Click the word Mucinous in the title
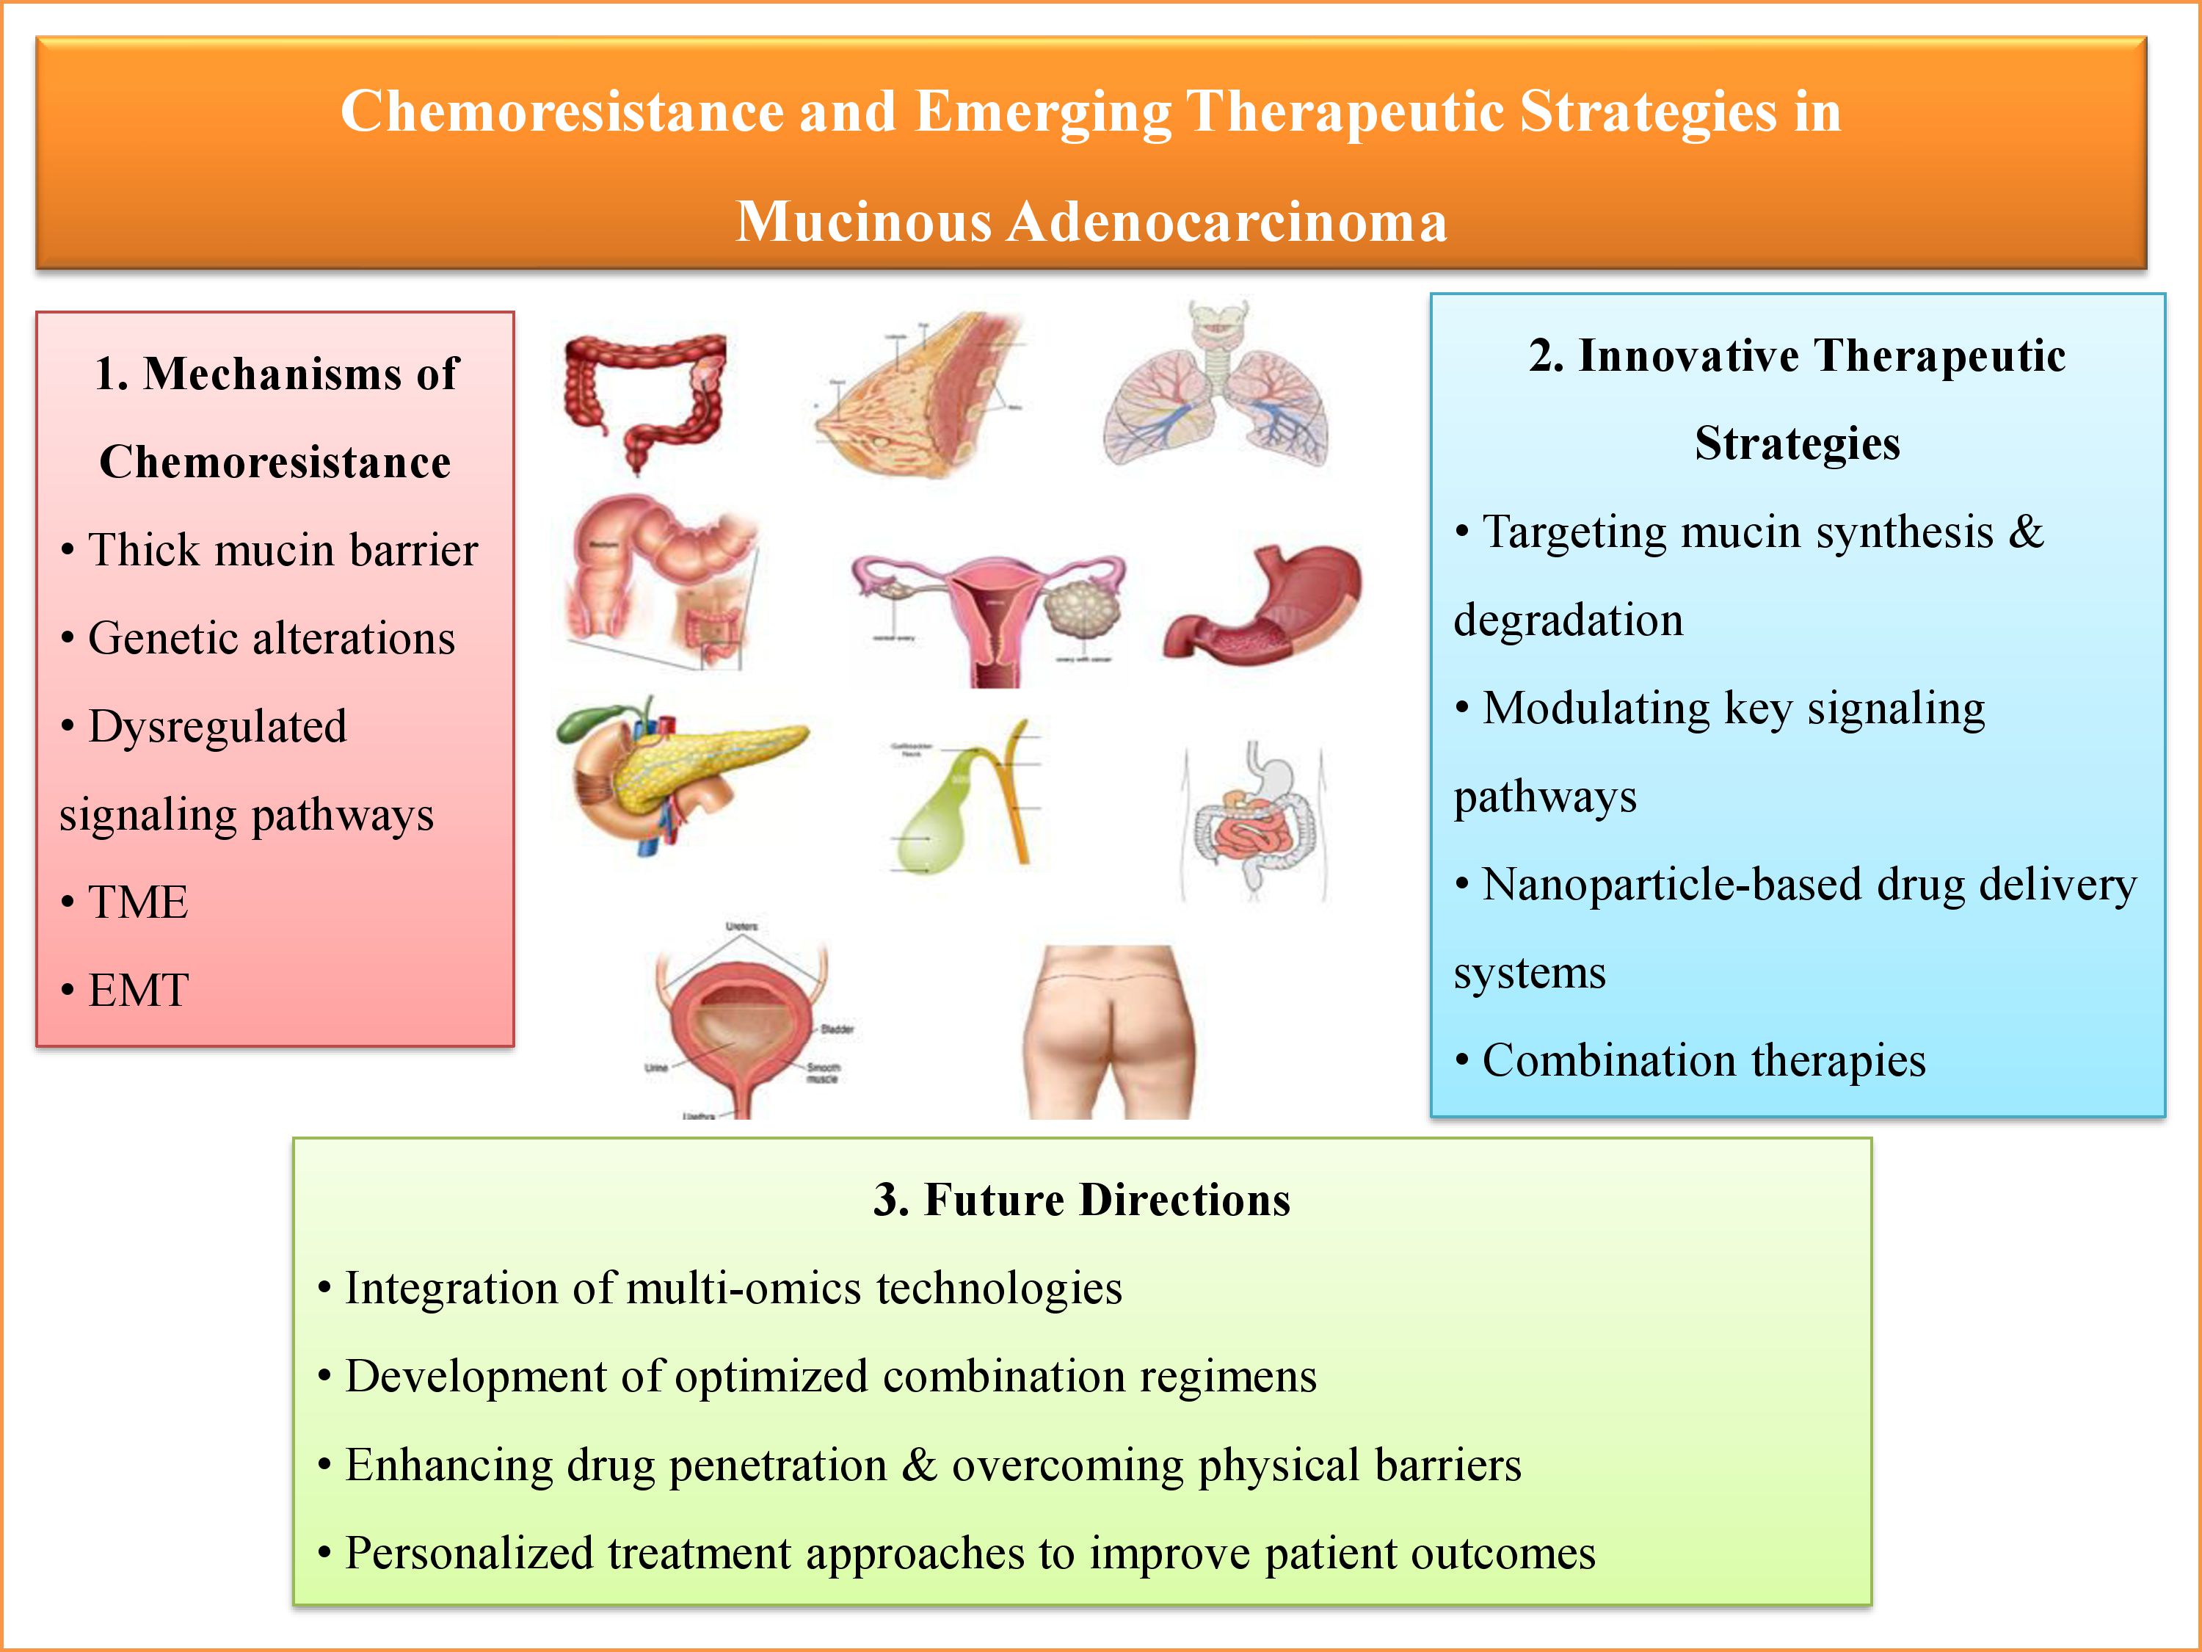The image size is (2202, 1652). pos(862,221)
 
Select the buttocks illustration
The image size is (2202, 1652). pos(1108,1031)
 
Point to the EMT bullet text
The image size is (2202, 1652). pos(137,990)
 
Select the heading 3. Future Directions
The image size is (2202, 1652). pos(1081,1200)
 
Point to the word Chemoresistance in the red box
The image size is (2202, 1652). pos(275,462)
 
